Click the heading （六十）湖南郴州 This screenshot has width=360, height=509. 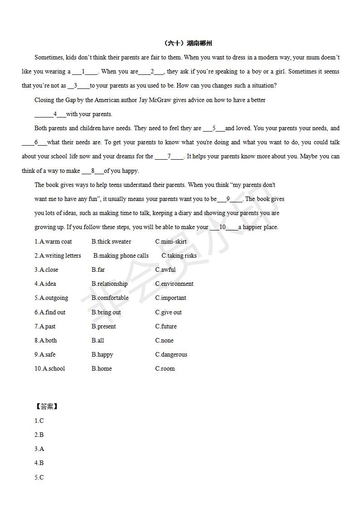[x=187, y=44]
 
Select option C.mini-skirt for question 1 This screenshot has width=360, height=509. [x=171, y=242]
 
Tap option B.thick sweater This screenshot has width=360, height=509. [x=111, y=242]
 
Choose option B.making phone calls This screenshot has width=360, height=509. [x=121, y=256]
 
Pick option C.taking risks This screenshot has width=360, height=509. [x=179, y=256]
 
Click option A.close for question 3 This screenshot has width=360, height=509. [x=46, y=270]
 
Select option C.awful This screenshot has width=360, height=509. [x=165, y=270]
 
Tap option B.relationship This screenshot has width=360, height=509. [x=109, y=284]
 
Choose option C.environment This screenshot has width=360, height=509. [x=174, y=284]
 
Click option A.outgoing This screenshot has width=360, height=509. [x=51, y=298]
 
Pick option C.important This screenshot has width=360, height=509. [x=171, y=298]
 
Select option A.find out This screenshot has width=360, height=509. [x=50, y=313]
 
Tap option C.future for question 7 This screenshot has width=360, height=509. [x=166, y=327]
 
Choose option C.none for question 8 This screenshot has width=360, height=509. [x=164, y=341]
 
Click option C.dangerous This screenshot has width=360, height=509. [x=171, y=355]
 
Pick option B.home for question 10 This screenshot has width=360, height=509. [x=102, y=369]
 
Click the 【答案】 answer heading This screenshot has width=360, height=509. [x=46, y=406]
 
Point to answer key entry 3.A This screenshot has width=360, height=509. [x=39, y=449]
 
